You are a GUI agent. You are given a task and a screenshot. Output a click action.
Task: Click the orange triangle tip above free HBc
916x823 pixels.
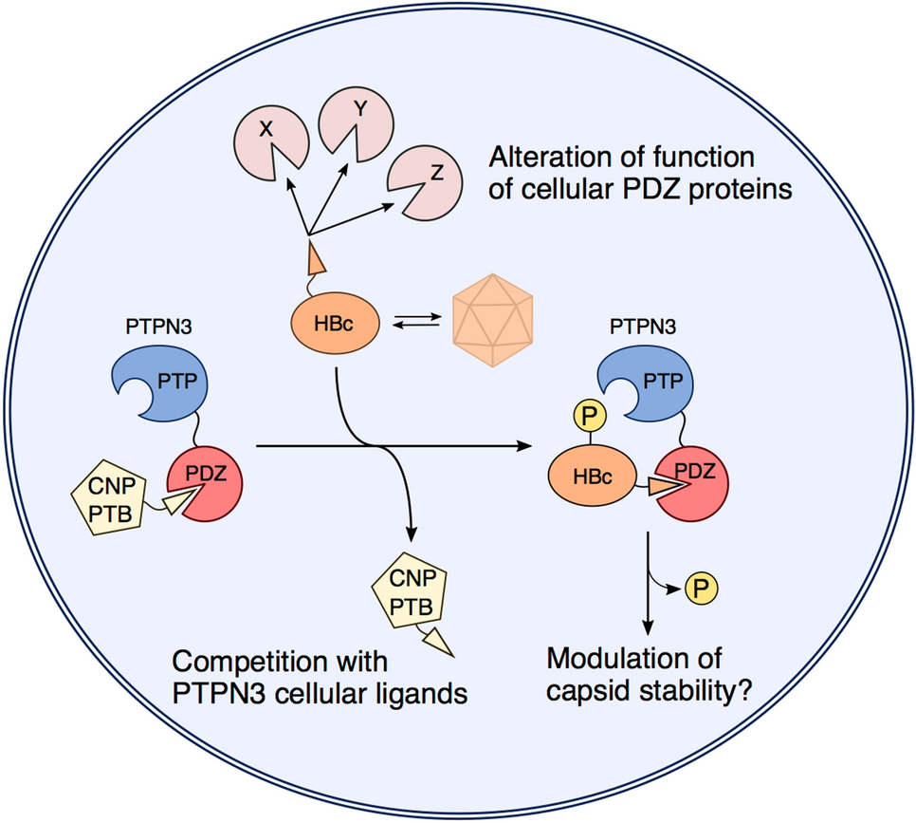pyautogui.click(x=317, y=257)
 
